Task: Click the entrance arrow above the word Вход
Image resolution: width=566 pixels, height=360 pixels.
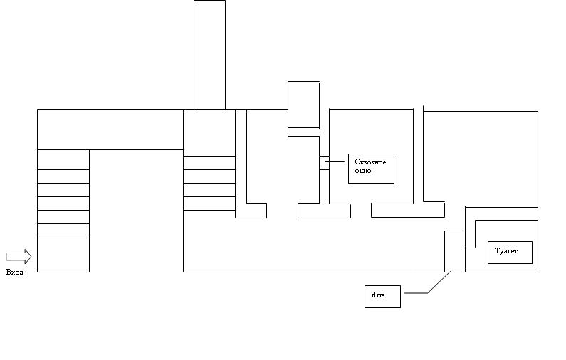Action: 19,256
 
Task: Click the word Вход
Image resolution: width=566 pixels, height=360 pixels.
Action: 15,272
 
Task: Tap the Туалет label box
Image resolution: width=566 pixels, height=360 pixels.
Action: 510,253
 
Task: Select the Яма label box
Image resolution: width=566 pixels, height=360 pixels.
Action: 382,295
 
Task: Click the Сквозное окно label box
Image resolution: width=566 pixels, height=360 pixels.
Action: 371,169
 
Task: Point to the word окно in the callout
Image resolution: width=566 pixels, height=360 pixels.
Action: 362,171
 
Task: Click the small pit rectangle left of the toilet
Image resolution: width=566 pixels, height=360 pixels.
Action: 455,251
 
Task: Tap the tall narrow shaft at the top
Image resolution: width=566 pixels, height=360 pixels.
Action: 209,54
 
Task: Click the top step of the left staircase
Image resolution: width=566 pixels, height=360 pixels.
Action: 63,159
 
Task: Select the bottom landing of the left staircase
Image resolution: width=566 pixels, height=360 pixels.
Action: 63,255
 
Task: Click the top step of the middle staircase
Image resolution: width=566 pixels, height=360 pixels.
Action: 209,162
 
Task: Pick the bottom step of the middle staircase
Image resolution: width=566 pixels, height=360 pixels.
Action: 209,203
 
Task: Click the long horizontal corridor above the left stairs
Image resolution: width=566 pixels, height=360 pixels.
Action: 110,129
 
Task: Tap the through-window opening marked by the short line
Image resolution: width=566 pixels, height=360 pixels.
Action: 324,162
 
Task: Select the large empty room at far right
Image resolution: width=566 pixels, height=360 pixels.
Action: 481,157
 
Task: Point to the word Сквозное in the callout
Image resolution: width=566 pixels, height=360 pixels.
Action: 370,162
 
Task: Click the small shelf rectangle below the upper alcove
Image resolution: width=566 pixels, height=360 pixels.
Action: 303,132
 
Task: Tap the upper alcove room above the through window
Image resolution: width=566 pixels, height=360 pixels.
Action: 303,103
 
